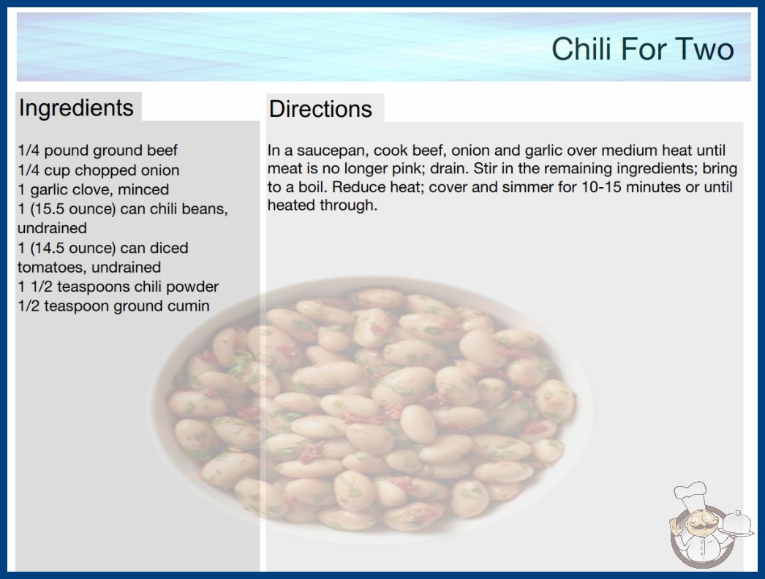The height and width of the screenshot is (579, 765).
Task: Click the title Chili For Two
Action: tap(643, 49)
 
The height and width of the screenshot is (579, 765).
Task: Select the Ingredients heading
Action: tap(76, 107)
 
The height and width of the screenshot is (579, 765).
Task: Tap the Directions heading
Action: tap(320, 109)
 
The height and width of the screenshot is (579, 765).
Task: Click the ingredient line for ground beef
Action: tap(97, 151)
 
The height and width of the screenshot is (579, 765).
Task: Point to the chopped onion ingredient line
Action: tap(99, 170)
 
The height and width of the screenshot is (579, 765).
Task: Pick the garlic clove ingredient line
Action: tap(93, 189)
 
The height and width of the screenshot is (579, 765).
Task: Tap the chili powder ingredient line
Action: tap(118, 287)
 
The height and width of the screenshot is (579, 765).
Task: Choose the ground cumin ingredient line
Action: tap(113, 306)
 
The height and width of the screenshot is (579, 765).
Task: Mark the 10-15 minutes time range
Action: tap(619, 187)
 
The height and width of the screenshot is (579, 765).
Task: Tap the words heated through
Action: tap(323, 205)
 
